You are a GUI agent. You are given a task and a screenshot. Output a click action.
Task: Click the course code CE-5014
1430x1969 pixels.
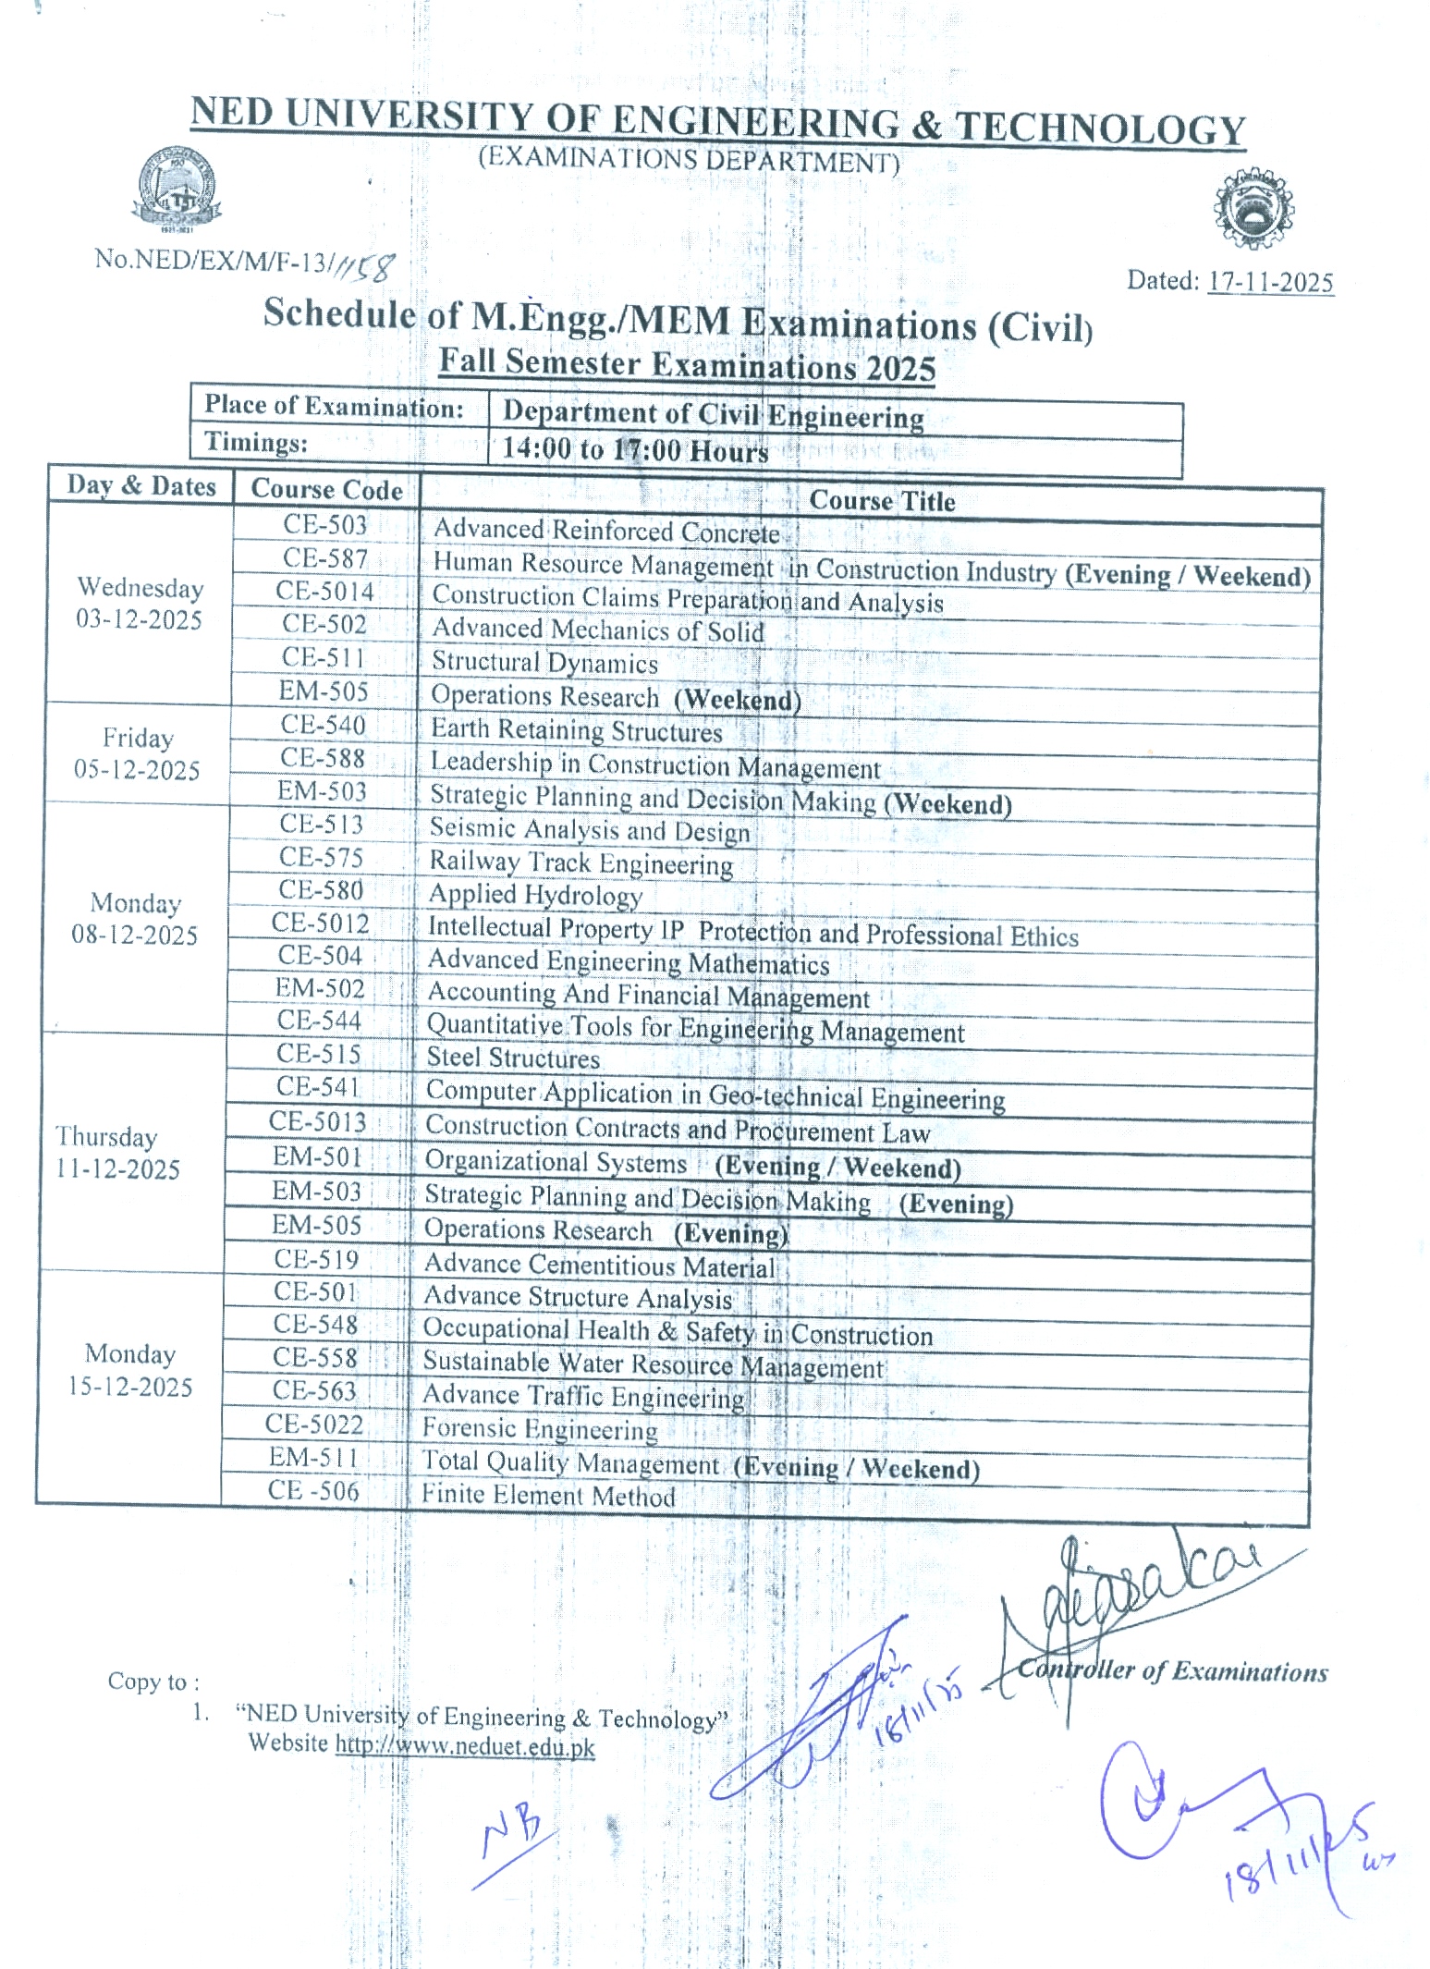[325, 592]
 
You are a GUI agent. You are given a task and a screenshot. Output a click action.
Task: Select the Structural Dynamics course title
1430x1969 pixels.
[544, 663]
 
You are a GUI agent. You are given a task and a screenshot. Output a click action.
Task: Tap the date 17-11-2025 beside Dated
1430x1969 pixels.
[1270, 282]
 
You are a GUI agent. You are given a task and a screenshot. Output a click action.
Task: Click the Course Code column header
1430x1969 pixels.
[326, 489]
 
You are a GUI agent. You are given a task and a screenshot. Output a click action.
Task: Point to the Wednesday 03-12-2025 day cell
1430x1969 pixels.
[140, 604]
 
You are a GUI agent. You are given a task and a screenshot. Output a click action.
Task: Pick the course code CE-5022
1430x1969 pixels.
[314, 1424]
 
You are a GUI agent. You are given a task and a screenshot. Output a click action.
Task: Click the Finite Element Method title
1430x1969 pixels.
[548, 1495]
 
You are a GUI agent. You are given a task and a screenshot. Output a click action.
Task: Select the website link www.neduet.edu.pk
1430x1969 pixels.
[465, 1746]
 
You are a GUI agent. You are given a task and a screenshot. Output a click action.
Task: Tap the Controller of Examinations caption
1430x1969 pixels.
[1172, 1671]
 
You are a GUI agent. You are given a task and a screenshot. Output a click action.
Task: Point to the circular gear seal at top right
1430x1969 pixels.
[1253, 209]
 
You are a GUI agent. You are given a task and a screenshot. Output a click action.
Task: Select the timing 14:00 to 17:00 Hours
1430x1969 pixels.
[635, 450]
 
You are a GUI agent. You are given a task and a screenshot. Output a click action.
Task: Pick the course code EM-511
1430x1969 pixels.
[313, 1457]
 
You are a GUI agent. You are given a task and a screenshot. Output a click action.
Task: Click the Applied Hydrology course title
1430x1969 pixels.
[535, 895]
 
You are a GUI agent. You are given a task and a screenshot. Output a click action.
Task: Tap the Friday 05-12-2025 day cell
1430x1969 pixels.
[137, 753]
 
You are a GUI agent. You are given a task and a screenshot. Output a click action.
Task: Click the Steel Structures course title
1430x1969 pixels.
[513, 1058]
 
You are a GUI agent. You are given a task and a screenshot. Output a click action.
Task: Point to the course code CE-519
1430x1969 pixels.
[316, 1259]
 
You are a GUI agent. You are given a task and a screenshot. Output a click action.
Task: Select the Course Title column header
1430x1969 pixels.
[882, 501]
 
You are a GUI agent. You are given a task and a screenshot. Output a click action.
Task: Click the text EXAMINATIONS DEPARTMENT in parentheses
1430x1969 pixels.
[689, 160]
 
